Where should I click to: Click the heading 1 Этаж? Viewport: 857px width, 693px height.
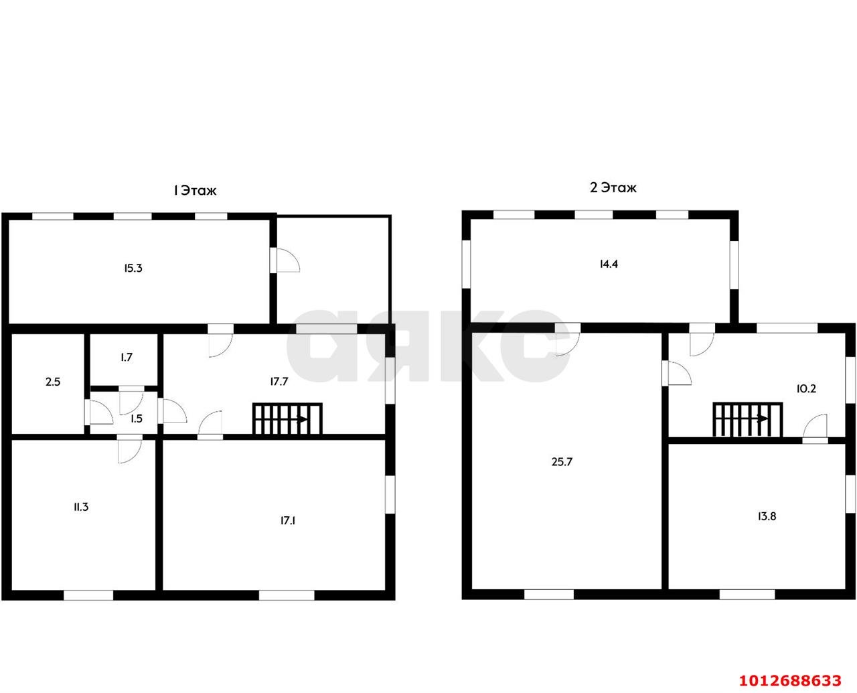point(195,190)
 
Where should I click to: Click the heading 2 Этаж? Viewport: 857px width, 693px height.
point(613,187)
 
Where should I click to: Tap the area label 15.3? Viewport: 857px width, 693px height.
point(133,268)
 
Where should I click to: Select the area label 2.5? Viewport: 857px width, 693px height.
point(53,382)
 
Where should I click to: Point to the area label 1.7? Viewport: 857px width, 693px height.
point(127,357)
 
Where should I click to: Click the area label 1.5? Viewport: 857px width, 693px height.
point(137,418)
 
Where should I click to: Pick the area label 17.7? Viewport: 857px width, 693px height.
point(279,381)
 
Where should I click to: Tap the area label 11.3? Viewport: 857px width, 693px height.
point(81,507)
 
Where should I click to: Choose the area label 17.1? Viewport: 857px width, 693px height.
point(288,521)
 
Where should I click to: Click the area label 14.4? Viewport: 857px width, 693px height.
point(609,264)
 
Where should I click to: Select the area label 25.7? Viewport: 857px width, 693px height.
point(562,461)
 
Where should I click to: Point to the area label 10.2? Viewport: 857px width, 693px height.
point(806,389)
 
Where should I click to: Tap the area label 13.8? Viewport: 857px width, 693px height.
point(767,516)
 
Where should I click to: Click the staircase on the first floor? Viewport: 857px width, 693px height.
point(287,419)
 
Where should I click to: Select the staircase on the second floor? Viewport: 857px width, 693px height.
point(748,420)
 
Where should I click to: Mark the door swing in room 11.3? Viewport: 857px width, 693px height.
point(130,451)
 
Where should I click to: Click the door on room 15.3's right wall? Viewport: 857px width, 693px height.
point(285,260)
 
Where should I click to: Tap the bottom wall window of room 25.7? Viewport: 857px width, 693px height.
point(549,595)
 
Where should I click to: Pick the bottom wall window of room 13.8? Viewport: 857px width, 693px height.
point(747,595)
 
